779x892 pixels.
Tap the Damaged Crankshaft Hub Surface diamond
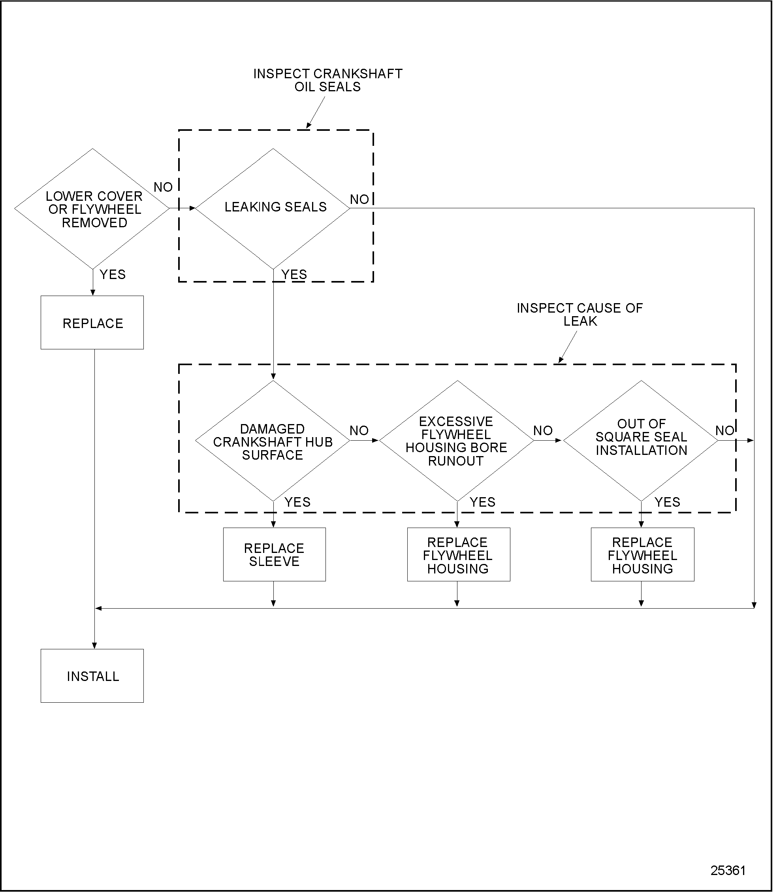(x=273, y=441)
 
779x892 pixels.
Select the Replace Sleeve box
(x=274, y=554)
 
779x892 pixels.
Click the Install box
(x=92, y=676)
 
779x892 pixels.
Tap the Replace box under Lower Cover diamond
(x=92, y=323)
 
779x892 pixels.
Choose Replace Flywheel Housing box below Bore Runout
(x=458, y=554)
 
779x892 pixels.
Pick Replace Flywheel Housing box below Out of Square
(x=642, y=554)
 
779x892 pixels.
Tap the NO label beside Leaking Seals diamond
(x=359, y=199)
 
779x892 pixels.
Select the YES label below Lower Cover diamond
(x=112, y=274)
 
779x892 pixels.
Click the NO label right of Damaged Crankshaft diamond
(x=359, y=430)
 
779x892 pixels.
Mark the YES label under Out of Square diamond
(x=667, y=502)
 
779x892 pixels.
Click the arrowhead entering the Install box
(x=94, y=645)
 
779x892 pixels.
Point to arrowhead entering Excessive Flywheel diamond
(x=375, y=441)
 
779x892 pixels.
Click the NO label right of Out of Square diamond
(x=724, y=430)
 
